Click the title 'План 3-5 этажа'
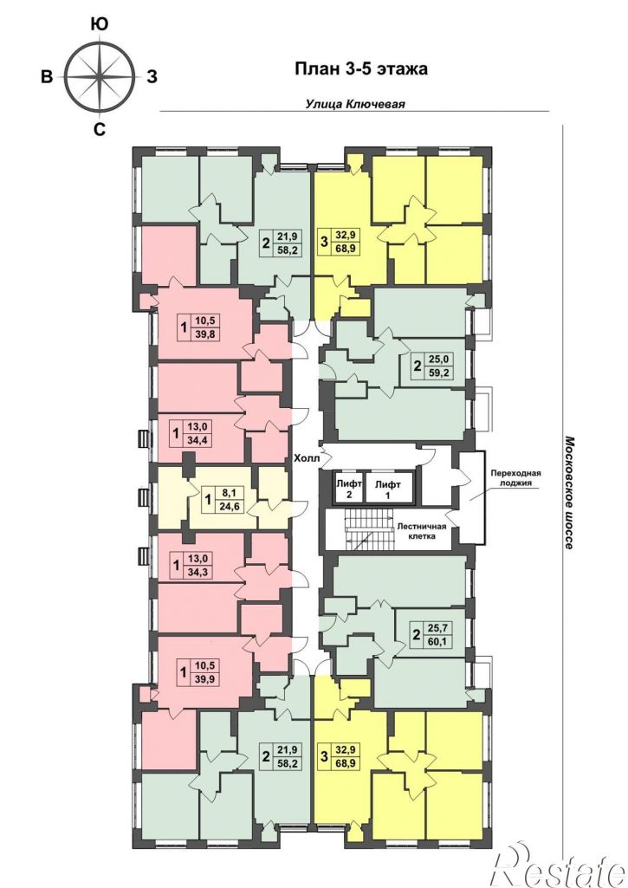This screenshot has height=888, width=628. pos(360,69)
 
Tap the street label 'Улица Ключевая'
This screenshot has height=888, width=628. pos(355,104)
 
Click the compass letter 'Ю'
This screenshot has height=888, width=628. pos(100,23)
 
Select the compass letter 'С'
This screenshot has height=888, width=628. pos(99,130)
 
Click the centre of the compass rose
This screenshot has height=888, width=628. pos(100,76)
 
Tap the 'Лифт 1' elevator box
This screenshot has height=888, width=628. pos(388,487)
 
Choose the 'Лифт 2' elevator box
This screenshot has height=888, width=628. pos(348,487)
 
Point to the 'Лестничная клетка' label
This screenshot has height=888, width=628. pos(421,531)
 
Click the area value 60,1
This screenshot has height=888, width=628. pos(439,641)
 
